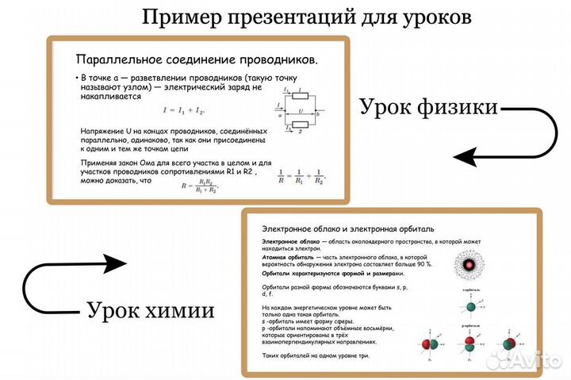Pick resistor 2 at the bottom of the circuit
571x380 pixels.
click(301, 125)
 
